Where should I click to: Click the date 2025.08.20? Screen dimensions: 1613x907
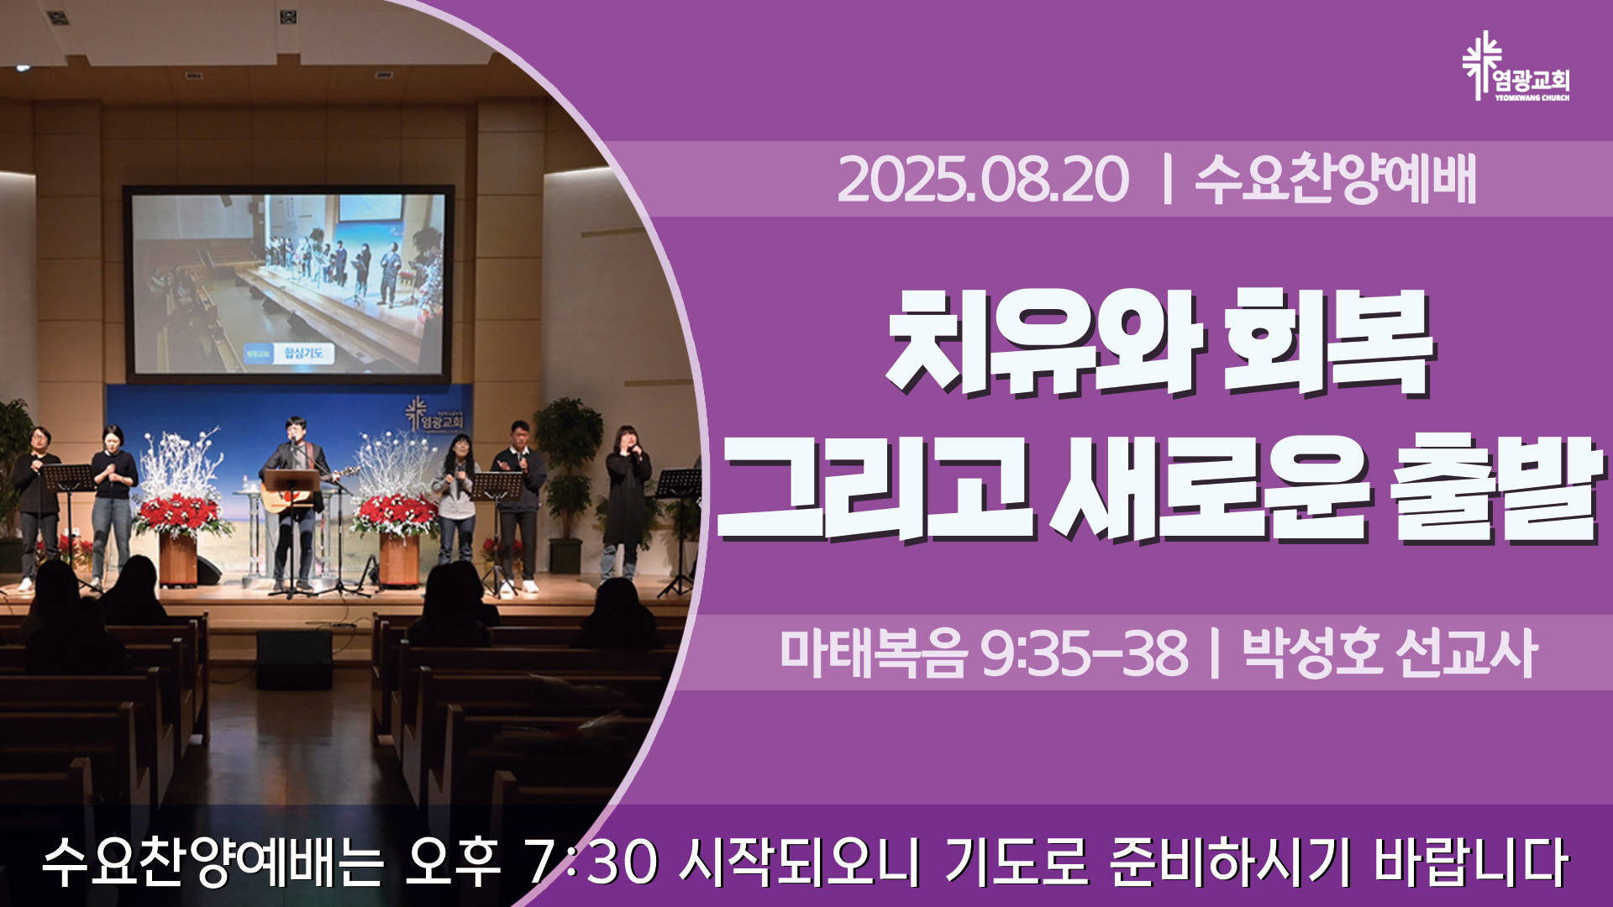(983, 180)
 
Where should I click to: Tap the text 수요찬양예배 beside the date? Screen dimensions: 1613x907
(1335, 179)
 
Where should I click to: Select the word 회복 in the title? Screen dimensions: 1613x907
(1327, 343)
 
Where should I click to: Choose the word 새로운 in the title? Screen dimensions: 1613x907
(1210, 490)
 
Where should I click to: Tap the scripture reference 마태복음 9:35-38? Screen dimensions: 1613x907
(984, 653)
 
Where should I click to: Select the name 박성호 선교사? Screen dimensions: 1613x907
(1390, 653)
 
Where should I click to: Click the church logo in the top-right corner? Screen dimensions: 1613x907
(1515, 67)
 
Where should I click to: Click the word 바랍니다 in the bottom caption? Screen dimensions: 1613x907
(1471, 862)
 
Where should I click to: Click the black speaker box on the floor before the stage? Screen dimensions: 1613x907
(294, 658)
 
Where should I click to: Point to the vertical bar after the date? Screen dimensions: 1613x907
(1165, 180)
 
